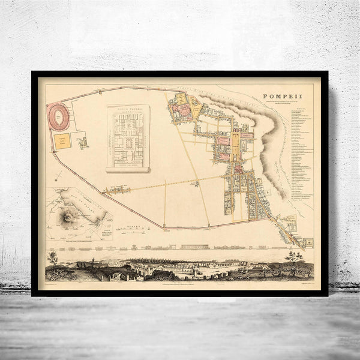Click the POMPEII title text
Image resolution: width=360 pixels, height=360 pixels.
283,97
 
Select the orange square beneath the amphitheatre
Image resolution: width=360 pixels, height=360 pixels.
62,140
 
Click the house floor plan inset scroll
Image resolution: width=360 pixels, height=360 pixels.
128,138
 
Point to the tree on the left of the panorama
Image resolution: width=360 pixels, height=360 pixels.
53,259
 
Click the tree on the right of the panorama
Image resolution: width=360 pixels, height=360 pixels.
293,258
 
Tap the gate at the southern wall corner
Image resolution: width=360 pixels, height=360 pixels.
163,227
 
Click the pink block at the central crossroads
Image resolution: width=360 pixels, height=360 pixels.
238,170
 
